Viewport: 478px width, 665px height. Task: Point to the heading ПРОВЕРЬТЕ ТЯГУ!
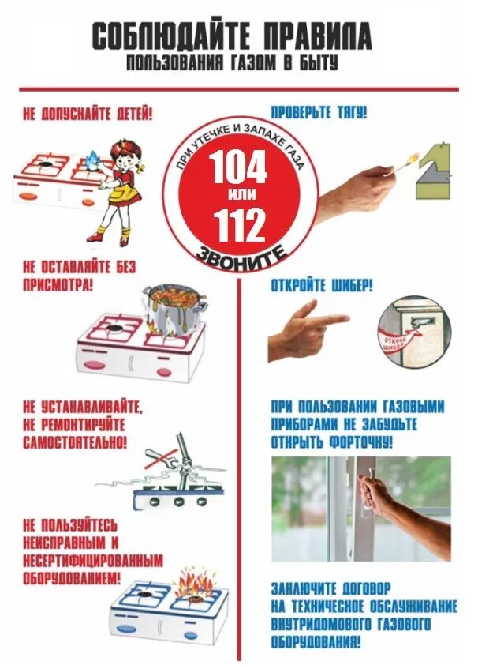[319, 113]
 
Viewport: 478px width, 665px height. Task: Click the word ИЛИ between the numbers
[238, 196]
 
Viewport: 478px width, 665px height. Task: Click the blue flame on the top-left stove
[93, 160]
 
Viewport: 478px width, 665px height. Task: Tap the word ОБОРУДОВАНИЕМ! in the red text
[73, 579]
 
